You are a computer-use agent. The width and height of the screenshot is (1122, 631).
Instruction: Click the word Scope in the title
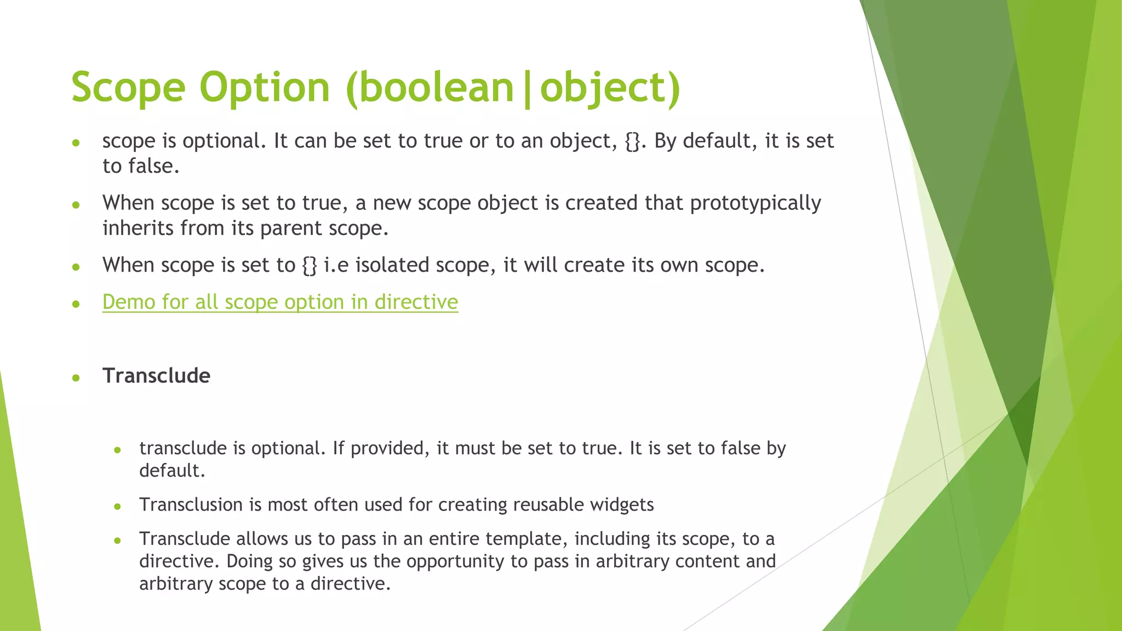click(x=128, y=88)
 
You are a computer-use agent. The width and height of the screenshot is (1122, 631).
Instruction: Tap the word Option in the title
click(x=264, y=88)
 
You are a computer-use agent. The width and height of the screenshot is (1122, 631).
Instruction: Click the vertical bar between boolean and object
click(x=527, y=89)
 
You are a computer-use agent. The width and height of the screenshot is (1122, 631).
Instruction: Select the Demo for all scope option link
click(x=280, y=302)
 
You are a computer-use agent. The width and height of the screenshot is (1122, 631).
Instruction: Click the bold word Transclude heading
click(x=156, y=376)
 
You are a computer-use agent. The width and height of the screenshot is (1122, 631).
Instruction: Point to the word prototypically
click(x=755, y=203)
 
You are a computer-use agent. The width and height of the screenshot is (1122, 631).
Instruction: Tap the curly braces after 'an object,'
click(x=632, y=141)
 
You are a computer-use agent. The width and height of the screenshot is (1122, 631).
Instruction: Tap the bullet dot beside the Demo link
click(x=76, y=303)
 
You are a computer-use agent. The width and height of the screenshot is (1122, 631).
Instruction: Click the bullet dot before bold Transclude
click(x=76, y=377)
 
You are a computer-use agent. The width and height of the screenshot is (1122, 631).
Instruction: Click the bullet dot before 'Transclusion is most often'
click(x=117, y=507)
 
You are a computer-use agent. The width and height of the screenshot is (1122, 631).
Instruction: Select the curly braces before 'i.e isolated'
click(x=310, y=266)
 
